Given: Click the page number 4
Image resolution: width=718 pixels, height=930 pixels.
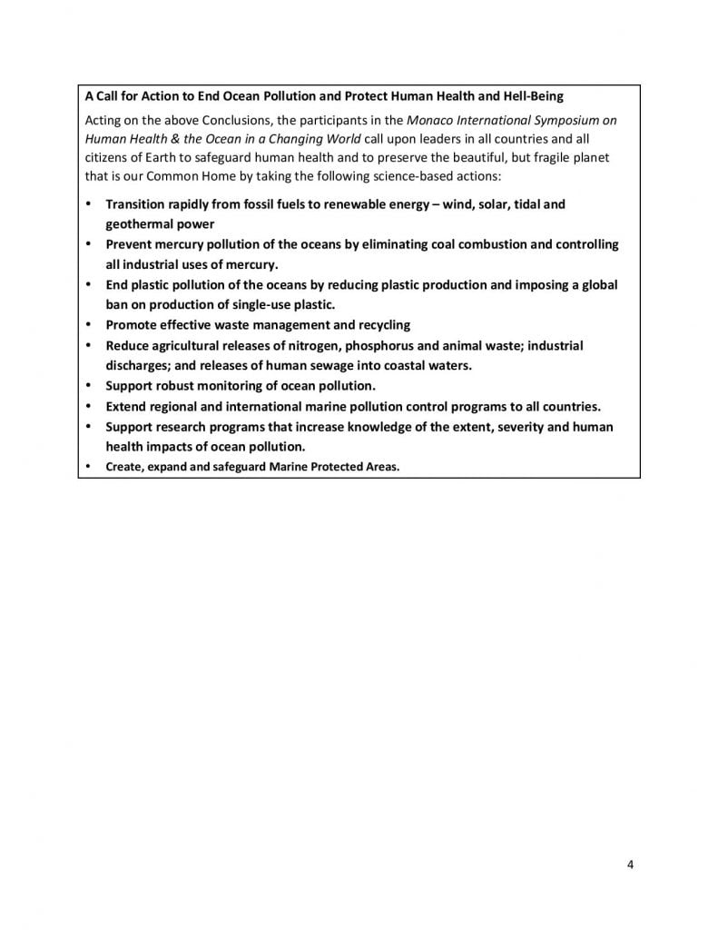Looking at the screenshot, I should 630,864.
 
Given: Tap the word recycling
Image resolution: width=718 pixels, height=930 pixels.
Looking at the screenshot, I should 380,324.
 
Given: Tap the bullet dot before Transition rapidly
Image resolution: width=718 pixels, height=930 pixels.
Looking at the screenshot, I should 88,204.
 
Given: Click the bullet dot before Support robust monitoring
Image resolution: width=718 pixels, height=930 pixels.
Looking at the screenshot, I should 88,385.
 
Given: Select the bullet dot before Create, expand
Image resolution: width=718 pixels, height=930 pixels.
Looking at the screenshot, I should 88,467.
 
